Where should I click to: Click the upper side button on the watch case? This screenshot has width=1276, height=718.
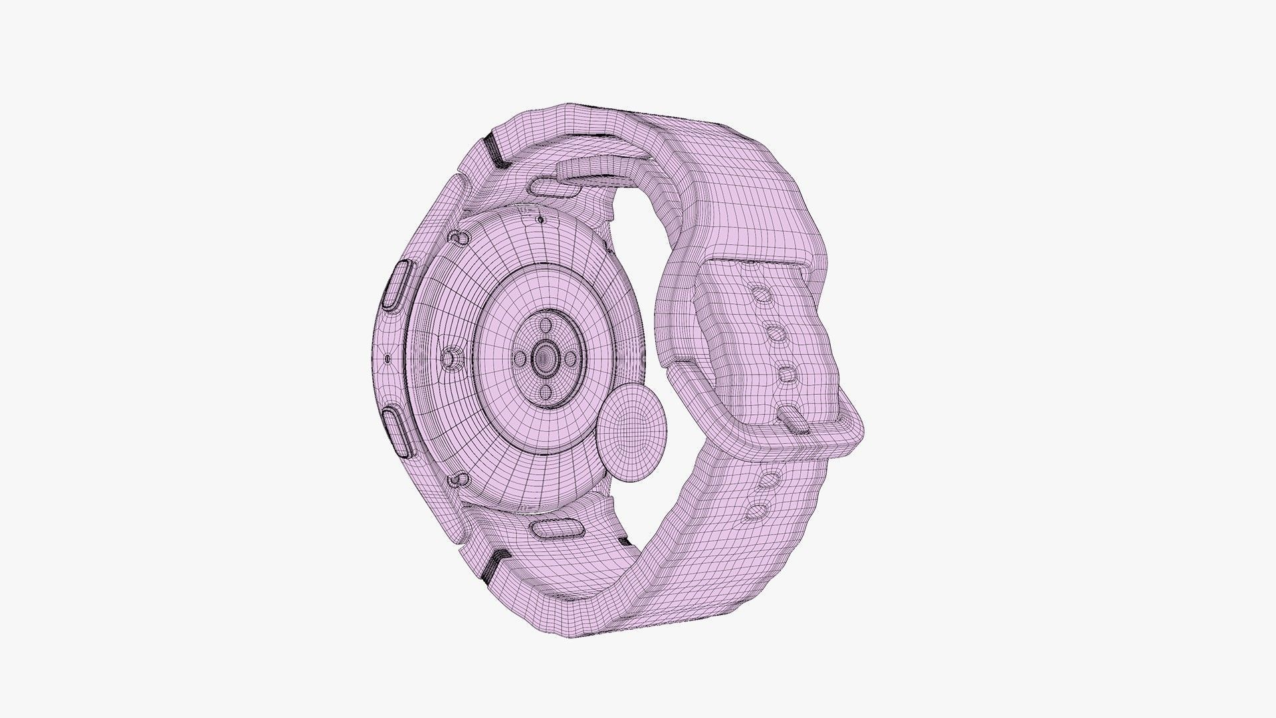click(x=397, y=285)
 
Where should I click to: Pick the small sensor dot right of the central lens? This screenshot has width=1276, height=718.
click(x=570, y=359)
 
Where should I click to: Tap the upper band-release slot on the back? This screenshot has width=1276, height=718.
click(x=556, y=188)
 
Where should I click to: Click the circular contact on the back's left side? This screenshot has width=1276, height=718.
click(x=451, y=359)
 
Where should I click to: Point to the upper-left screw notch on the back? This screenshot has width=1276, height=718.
click(x=457, y=237)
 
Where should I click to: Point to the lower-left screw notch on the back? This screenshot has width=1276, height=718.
click(x=457, y=479)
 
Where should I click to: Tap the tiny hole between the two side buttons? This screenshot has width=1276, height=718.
click(x=387, y=360)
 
